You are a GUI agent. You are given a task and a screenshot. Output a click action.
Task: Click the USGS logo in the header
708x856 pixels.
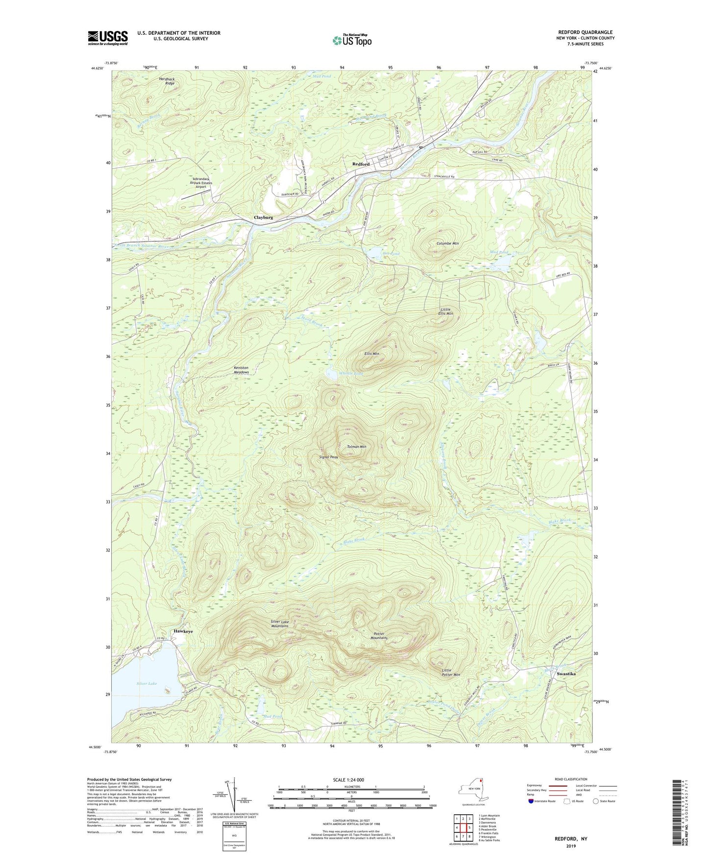(108, 38)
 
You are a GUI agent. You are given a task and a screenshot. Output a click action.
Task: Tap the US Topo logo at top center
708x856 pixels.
(351, 40)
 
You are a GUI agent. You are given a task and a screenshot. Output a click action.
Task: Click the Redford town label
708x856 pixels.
(361, 164)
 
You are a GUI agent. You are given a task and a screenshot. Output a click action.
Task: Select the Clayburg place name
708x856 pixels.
(263, 217)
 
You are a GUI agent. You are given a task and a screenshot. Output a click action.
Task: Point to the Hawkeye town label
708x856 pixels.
(183, 631)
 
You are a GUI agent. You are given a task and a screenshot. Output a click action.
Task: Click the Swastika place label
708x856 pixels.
(566, 674)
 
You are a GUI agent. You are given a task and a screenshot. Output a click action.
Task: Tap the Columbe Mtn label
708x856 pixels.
(448, 243)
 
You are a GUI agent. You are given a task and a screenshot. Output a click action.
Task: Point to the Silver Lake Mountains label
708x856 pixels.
(280, 624)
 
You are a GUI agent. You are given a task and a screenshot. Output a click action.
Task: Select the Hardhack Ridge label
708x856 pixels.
(167, 81)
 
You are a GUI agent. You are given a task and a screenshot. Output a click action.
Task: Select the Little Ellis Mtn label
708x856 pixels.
(445, 311)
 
